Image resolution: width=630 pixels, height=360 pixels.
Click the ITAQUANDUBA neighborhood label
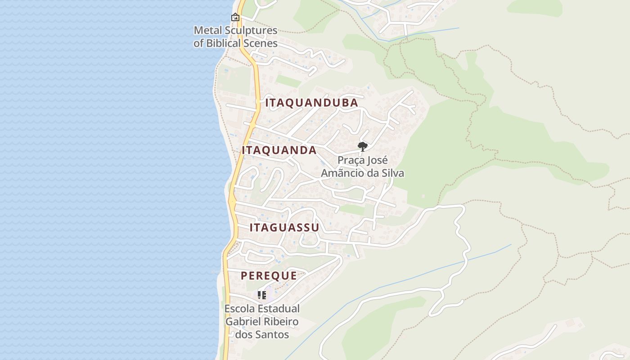311,103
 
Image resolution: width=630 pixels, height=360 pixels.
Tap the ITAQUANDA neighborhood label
279,150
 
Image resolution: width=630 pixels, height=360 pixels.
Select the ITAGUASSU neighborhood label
284,227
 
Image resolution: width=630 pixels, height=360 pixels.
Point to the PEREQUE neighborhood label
269,276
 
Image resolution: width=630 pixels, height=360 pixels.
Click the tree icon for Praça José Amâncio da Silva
362,146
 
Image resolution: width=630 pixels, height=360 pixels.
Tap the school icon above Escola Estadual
262,295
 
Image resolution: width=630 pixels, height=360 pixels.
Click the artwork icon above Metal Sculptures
235,18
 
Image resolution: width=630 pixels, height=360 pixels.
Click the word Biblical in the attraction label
224,44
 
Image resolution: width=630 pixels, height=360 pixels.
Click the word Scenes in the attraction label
261,44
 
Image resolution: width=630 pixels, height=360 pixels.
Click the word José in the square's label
377,160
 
